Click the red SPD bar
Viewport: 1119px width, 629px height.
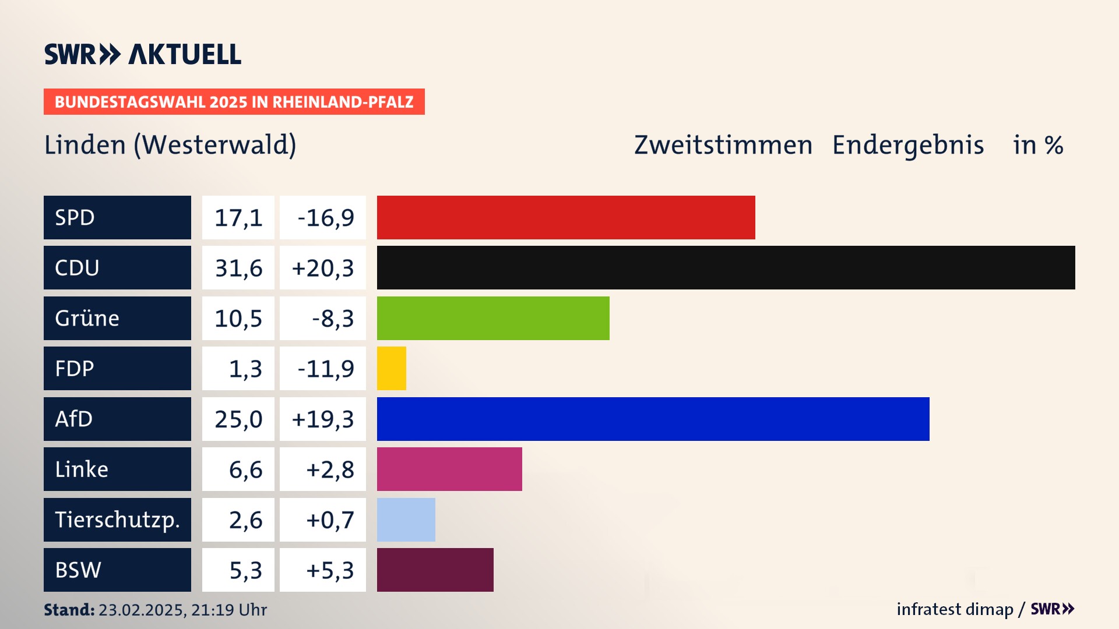point(565,217)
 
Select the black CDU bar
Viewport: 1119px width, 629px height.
point(726,268)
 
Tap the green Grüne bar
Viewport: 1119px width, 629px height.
point(492,318)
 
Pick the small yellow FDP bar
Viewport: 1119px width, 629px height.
point(391,369)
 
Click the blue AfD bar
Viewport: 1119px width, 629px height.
point(653,419)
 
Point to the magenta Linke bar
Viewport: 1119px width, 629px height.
point(449,469)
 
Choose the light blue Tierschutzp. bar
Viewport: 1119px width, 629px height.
point(406,520)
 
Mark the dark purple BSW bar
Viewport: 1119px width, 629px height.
point(435,570)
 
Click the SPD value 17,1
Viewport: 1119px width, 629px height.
point(238,218)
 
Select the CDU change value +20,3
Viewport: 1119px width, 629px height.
point(323,268)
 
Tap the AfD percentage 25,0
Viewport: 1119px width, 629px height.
point(238,419)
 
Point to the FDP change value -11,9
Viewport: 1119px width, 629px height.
point(325,369)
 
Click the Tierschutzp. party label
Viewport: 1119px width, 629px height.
point(117,520)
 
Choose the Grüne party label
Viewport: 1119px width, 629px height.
point(87,318)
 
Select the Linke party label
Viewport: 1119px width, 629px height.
point(82,469)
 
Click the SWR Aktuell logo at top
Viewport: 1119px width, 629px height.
point(143,54)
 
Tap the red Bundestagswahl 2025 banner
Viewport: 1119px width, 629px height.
point(234,102)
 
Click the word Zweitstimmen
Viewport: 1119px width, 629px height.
point(723,145)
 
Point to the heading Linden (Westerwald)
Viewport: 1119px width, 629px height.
point(170,145)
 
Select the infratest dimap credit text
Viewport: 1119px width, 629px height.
point(955,609)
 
